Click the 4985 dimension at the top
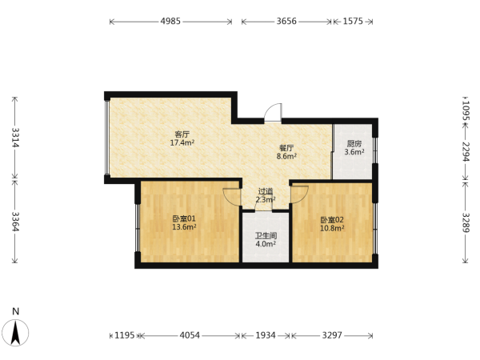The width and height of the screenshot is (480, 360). tap(170, 21)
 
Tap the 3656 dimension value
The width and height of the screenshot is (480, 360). tap(286, 21)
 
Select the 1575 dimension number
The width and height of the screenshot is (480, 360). tap(353, 21)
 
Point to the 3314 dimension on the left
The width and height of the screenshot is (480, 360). tap(15, 137)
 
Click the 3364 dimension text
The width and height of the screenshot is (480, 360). tap(15, 222)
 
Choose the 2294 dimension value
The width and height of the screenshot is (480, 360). tap(466, 152)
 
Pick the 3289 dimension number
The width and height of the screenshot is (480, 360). tap(466, 222)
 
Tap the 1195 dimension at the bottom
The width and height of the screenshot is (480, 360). tap(124, 335)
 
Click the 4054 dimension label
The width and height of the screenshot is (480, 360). tap(190, 335)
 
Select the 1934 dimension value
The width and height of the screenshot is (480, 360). tap(266, 335)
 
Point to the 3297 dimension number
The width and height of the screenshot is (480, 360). tap(332, 335)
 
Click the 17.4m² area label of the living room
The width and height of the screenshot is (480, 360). tap(182, 142)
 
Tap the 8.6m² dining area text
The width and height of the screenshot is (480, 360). tap(286, 156)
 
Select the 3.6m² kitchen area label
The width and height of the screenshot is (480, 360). tap(354, 152)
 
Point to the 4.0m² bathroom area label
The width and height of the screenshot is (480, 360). tap(266, 244)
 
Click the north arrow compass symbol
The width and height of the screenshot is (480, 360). tap(15, 333)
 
